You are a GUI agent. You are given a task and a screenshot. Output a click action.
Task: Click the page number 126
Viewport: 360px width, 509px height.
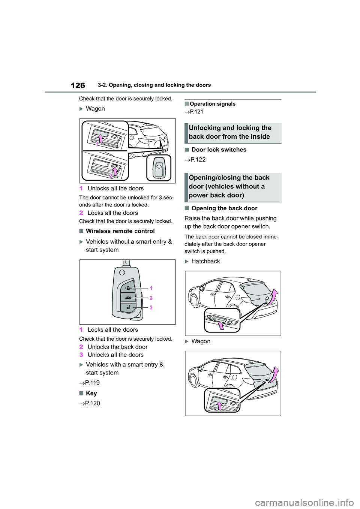pyautogui.click(x=78, y=85)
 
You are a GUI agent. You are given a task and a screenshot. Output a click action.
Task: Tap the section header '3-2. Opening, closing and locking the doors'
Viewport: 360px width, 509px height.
pyautogui.click(x=154, y=85)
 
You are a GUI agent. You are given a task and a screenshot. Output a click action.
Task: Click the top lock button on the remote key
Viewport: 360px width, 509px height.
pyautogui.click(x=128, y=288)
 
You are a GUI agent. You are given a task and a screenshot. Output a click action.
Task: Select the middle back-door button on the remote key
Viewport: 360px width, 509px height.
pyautogui.click(x=128, y=298)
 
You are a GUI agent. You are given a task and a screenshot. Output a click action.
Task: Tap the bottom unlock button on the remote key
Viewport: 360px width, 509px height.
pyautogui.click(x=128, y=307)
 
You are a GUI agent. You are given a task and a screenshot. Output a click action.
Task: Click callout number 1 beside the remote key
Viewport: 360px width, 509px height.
pyautogui.click(x=151, y=288)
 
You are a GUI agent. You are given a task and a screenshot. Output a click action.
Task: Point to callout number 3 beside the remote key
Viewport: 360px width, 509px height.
pyautogui.click(x=151, y=307)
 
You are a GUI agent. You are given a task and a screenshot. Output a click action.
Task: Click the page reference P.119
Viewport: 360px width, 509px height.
pyautogui.click(x=92, y=383)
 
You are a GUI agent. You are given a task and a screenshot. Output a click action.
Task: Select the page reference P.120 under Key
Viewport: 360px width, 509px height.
pyautogui.click(x=92, y=403)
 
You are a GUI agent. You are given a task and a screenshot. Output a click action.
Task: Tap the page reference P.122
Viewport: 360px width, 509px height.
pyautogui.click(x=198, y=160)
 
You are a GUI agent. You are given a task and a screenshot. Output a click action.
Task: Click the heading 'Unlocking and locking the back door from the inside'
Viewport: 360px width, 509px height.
pyautogui.click(x=230, y=132)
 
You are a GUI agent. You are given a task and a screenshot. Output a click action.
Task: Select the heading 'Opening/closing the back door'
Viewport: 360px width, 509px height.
pyautogui.click(x=229, y=186)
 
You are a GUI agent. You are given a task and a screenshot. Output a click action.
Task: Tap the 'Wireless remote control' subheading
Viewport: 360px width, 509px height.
pyautogui.click(x=120, y=231)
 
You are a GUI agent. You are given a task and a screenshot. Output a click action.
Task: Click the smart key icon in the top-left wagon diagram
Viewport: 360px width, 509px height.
pyautogui.click(x=159, y=168)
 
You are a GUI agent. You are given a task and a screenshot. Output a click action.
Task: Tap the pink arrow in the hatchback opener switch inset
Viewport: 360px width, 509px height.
pyautogui.click(x=221, y=325)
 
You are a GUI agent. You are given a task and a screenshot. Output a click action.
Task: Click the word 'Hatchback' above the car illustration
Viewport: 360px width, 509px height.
pyautogui.click(x=205, y=261)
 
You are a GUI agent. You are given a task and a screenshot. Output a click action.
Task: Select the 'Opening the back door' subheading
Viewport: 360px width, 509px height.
pyautogui.click(x=224, y=208)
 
